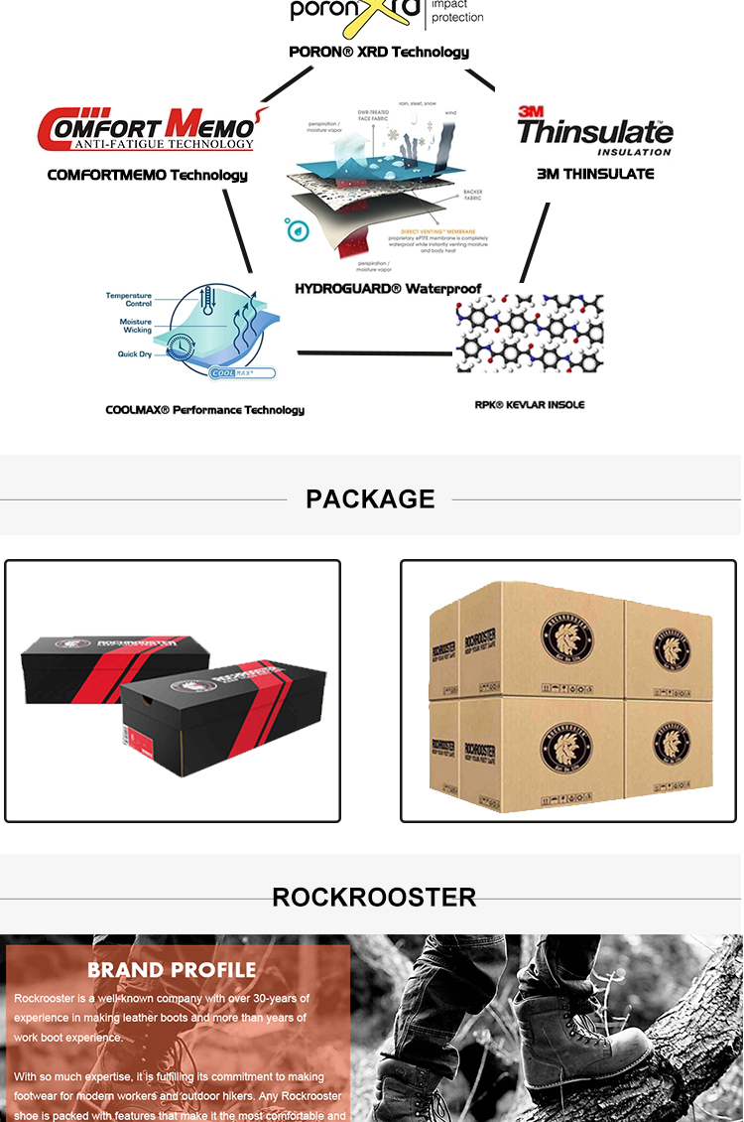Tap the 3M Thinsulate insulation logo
pyautogui.click(x=594, y=130)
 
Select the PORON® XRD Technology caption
pyautogui.click(x=379, y=52)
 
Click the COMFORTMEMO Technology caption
pyautogui.click(x=148, y=176)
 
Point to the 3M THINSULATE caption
pyautogui.click(x=595, y=174)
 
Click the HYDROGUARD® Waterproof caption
pyautogui.click(x=388, y=289)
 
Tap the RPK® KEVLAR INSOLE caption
pyautogui.click(x=530, y=405)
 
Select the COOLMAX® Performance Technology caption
pyautogui.click(x=204, y=410)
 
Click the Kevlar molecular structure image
pyautogui.click(x=529, y=334)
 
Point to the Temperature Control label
pyautogui.click(x=129, y=300)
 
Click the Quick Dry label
pyautogui.click(x=134, y=354)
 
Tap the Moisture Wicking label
pyautogui.click(x=136, y=326)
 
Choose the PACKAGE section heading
pyautogui.click(x=370, y=498)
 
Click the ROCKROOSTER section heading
pyautogui.click(x=374, y=898)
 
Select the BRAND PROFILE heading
pyautogui.click(x=172, y=970)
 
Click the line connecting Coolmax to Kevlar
pyautogui.click(x=375, y=352)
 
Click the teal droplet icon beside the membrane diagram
pyautogui.click(x=297, y=229)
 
